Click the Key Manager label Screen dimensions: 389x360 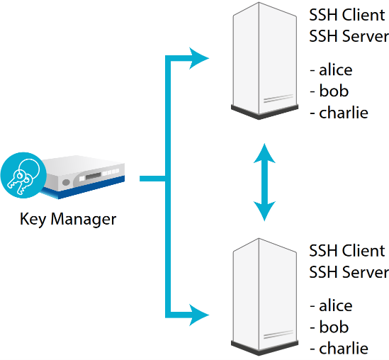click(x=68, y=219)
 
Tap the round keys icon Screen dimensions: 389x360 click(x=23, y=175)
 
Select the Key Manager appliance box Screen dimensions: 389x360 click(x=83, y=177)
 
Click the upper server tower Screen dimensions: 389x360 click(x=265, y=61)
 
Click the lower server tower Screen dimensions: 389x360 click(x=265, y=297)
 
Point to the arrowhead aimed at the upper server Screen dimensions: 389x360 click(x=199, y=58)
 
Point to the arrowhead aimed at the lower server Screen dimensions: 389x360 click(x=199, y=315)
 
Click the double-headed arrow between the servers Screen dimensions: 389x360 click(x=264, y=182)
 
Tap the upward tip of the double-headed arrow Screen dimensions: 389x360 click(x=264, y=144)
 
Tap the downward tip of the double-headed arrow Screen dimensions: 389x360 click(x=264, y=220)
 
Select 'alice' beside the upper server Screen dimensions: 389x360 click(x=336, y=69)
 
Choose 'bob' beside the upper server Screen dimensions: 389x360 click(x=334, y=91)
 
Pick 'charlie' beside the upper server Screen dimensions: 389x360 click(x=344, y=112)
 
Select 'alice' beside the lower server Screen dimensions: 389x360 click(x=336, y=305)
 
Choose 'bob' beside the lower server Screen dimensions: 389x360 click(x=334, y=327)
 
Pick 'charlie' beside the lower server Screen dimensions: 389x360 click(x=344, y=348)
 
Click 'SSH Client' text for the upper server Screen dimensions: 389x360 click(x=347, y=15)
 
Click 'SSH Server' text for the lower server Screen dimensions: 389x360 click(x=349, y=272)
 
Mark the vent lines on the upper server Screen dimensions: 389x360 click(x=278, y=99)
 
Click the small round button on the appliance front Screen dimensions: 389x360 click(x=66, y=182)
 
